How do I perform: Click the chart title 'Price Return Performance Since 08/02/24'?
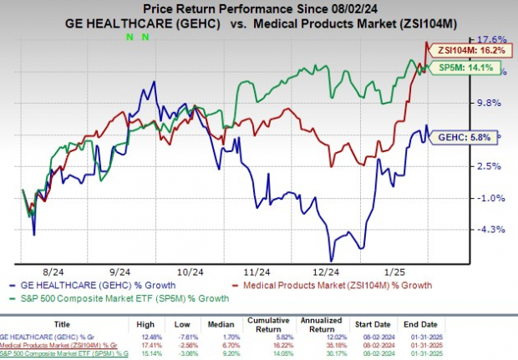(x=258, y=8)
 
